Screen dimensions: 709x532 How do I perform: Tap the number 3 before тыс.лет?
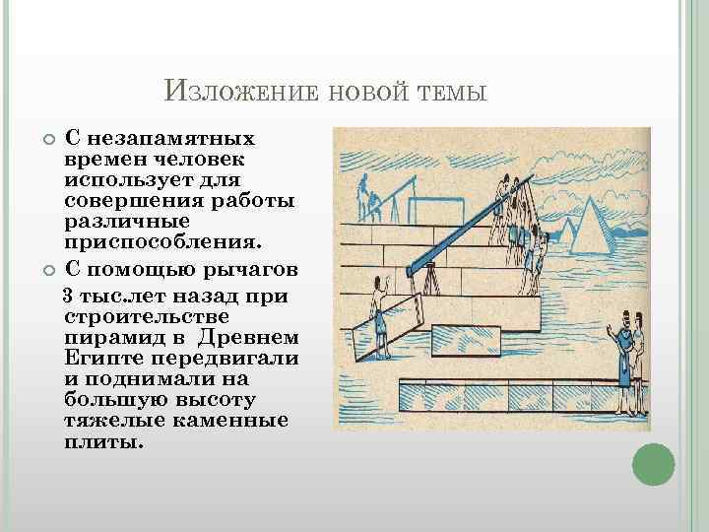[68, 296]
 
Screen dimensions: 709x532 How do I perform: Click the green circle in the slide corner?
[652, 464]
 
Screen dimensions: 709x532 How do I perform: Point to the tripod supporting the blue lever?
[429, 281]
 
